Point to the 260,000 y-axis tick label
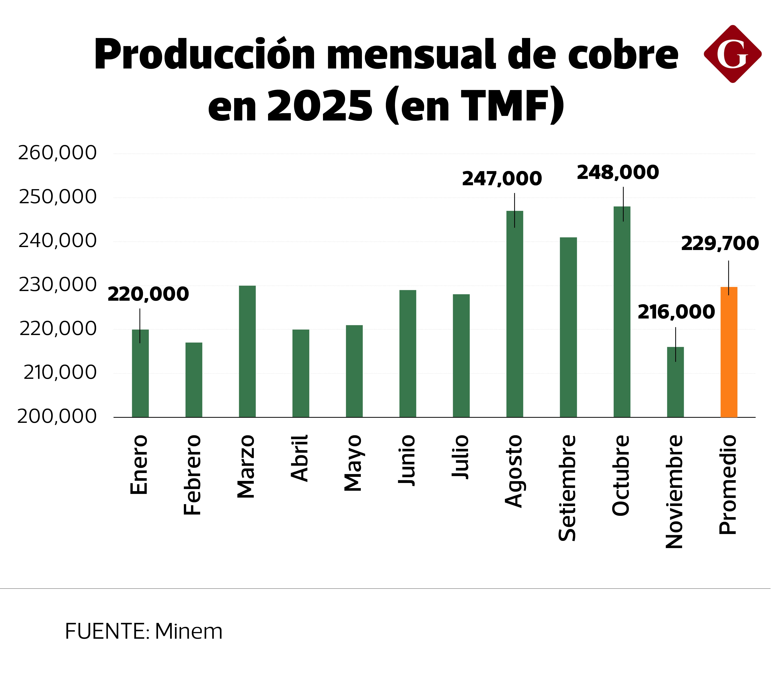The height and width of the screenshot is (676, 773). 57,153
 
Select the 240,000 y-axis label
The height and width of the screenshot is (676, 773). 57,241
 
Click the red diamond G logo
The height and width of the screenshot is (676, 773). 732,54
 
